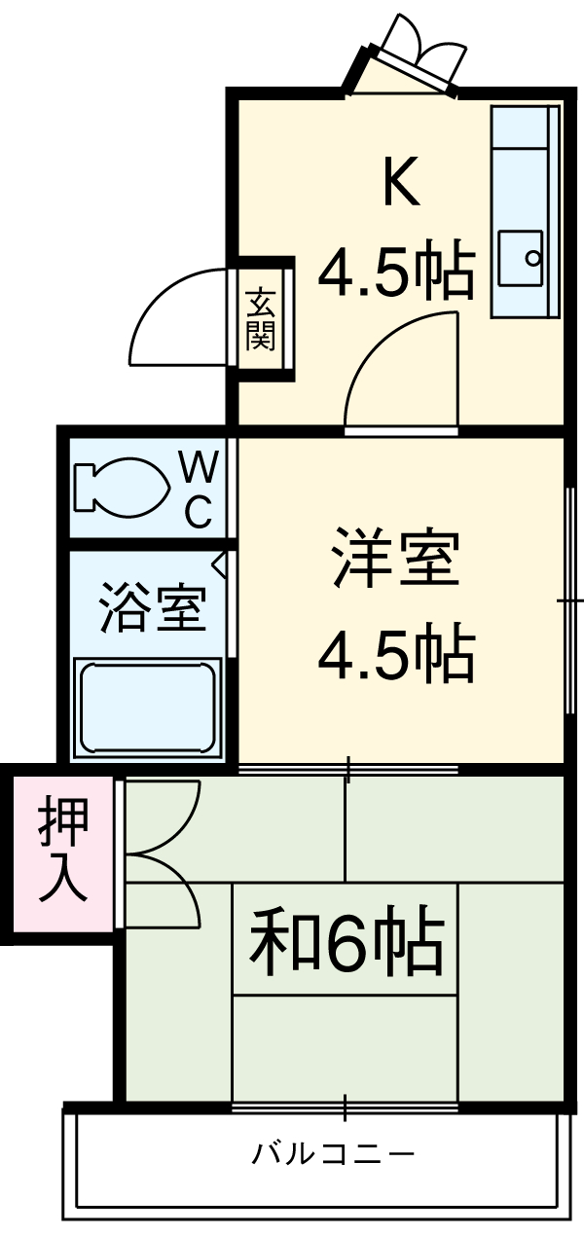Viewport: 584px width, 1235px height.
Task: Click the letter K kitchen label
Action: pos(400,182)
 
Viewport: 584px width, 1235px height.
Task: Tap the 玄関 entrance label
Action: pos(260,319)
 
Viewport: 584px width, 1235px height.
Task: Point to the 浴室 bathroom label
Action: pos(153,609)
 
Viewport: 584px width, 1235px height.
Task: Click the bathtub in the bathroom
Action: pos(147,707)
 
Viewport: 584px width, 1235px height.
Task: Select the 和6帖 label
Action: pos(347,941)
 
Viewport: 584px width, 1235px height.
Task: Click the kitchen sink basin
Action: pos(523,259)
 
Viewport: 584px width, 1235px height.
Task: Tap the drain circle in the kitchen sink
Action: pos(532,259)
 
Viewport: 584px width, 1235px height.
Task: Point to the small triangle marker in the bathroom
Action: pos(220,563)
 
